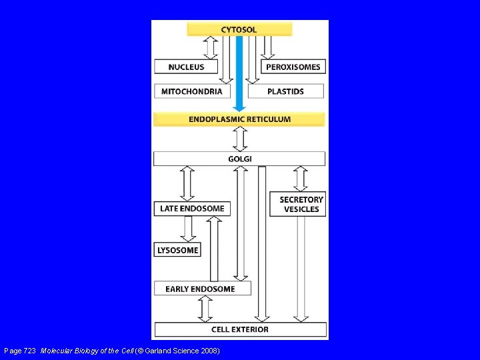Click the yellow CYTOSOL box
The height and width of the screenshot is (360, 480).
tap(239, 29)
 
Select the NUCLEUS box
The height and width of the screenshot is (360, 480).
tap(187, 67)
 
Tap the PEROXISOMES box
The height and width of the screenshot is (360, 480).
tap(293, 67)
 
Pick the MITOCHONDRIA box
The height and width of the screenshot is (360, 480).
tap(192, 91)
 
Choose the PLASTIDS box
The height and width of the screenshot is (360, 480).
tap(285, 91)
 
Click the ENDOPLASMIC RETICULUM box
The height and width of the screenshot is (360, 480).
tap(239, 119)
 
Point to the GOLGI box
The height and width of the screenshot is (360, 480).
tap(239, 159)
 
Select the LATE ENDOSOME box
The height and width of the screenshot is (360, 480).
tap(192, 209)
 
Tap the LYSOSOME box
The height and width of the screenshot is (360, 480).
tap(178, 251)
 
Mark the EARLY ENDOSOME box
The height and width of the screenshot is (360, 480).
tap(200, 289)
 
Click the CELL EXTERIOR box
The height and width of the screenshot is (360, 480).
tap(240, 329)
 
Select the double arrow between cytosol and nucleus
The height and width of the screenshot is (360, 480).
tap(211, 48)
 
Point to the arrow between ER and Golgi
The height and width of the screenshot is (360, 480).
tap(240, 139)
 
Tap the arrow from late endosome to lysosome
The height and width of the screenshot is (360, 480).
tap(188, 229)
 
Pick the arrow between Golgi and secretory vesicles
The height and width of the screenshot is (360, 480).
tap(301, 179)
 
